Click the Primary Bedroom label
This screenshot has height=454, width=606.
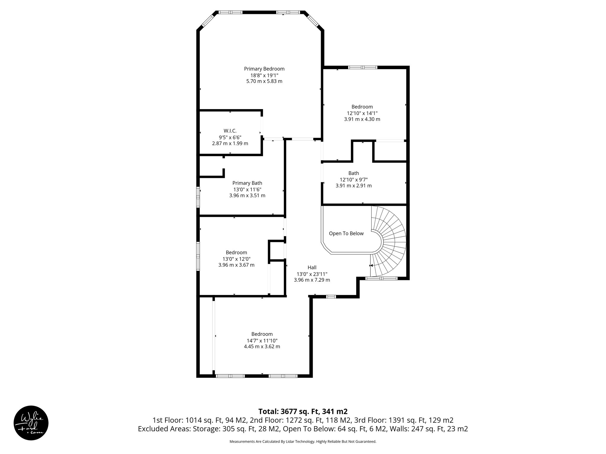point(264,69)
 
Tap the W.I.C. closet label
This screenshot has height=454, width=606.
point(230,131)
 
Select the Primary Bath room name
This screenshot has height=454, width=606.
point(247,183)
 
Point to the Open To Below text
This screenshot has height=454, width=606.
point(346,234)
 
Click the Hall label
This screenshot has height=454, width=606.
point(312,267)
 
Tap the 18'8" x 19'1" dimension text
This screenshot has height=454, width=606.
point(264,75)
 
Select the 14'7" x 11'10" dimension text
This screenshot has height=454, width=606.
point(262,340)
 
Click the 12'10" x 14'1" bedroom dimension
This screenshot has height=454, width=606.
point(362,113)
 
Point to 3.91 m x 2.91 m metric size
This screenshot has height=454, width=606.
point(354,186)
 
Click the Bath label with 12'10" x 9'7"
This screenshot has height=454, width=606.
point(354,173)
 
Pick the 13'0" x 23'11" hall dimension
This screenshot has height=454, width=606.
point(312,274)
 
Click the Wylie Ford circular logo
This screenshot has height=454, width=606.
point(31,423)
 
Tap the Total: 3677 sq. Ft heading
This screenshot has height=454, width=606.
point(303,411)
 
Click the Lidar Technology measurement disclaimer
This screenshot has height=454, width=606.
point(303,442)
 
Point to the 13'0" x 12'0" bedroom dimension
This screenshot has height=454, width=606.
point(236,259)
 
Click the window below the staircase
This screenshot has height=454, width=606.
point(381,278)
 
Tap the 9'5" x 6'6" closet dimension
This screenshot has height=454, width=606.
point(230,137)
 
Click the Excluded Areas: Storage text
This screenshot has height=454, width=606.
point(179,429)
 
